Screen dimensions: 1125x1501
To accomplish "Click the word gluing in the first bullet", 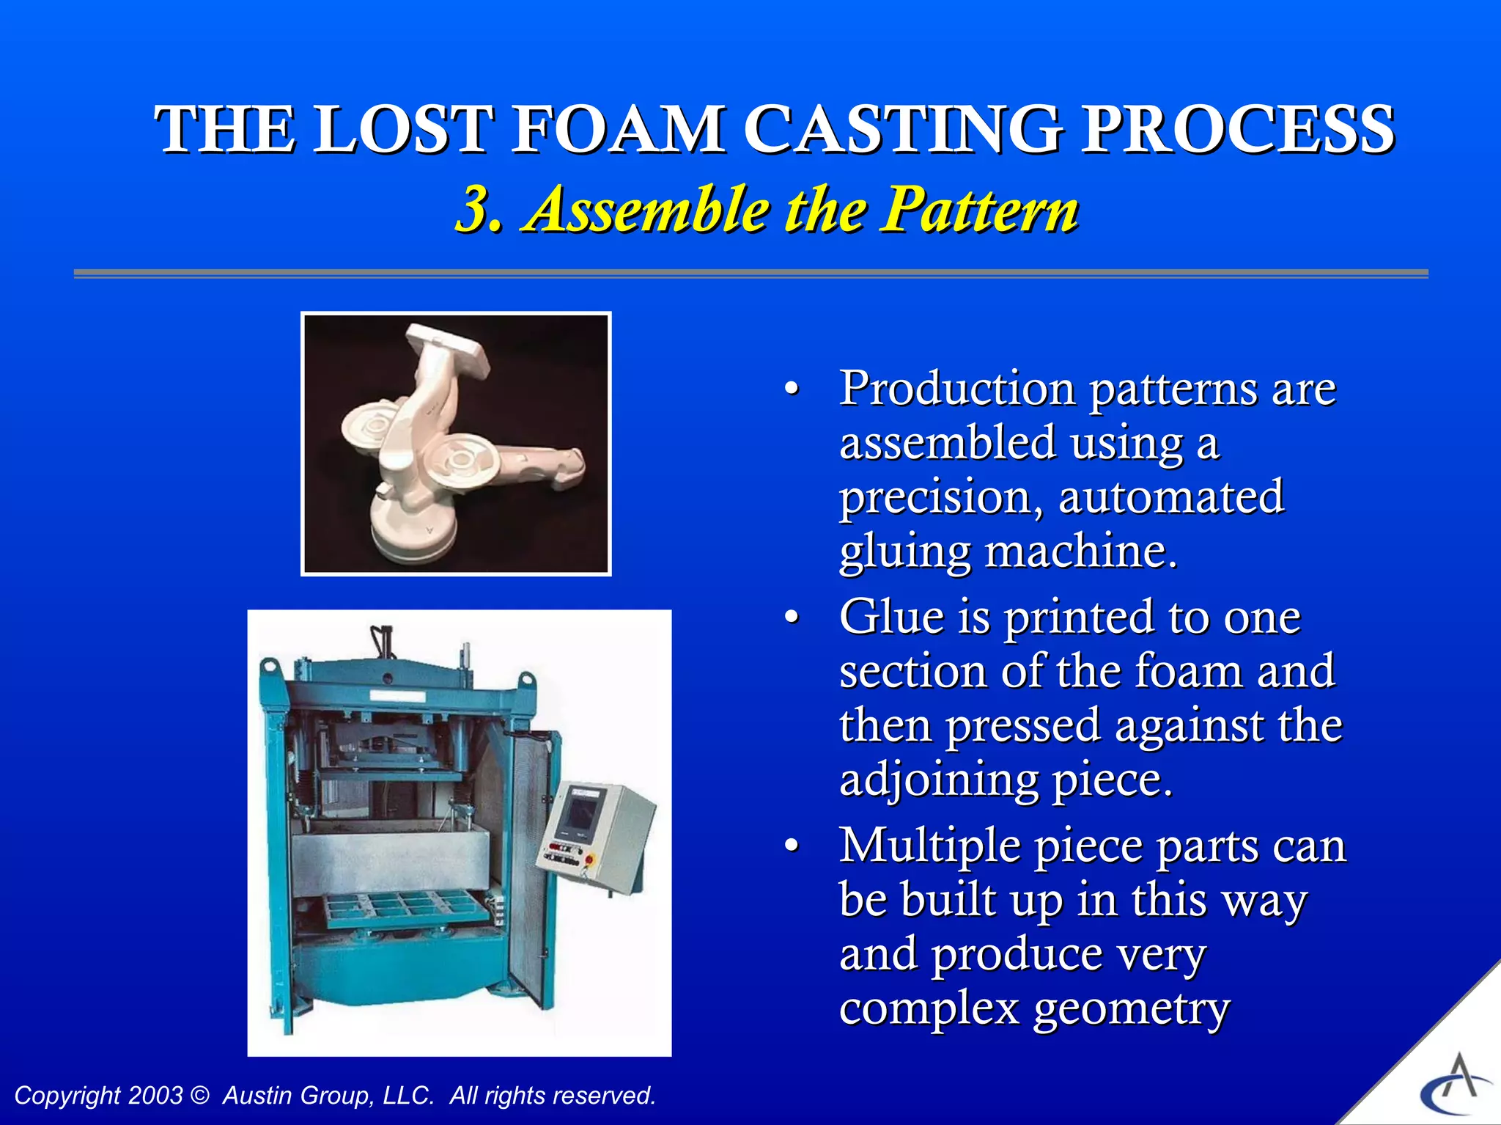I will point(904,552).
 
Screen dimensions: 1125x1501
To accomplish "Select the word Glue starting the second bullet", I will point(891,617).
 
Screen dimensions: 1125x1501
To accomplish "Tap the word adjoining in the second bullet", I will point(938,781).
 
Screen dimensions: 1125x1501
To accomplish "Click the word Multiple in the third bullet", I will point(929,846).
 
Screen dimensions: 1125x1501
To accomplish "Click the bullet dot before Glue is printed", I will point(791,618).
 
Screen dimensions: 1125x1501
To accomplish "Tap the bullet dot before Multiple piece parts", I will point(791,846).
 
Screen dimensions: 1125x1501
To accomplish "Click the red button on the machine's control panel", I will point(589,859).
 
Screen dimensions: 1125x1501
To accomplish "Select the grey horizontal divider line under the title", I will point(750,274).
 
